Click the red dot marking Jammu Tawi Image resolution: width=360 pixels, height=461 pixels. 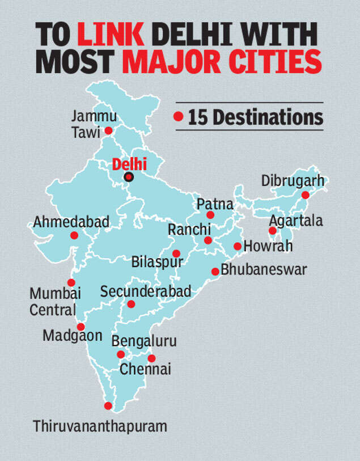point(108,130)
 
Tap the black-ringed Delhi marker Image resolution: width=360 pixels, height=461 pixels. point(129,177)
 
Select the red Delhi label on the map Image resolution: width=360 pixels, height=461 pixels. point(129,164)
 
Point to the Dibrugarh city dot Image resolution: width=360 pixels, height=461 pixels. point(305,195)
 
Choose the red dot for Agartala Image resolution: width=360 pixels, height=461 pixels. point(273,231)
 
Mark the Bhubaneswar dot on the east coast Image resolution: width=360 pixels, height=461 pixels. point(215,272)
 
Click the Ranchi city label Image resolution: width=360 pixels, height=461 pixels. point(189,230)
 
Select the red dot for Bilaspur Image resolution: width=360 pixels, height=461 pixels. point(176,253)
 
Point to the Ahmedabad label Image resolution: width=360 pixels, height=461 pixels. point(71,222)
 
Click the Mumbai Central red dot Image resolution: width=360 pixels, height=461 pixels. point(71,282)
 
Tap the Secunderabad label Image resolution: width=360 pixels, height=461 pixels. point(146,291)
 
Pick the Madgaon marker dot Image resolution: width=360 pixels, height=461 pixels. point(81,327)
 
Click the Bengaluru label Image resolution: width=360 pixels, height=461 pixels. point(144,341)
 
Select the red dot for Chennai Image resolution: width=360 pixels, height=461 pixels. point(151,358)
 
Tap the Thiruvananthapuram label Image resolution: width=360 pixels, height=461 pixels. point(100,426)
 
